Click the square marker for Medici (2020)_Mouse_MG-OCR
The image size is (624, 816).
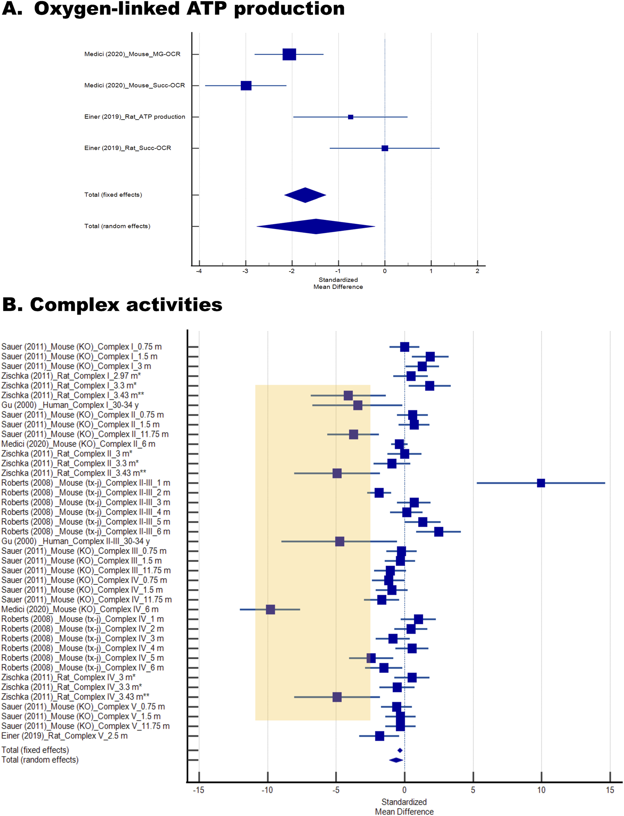tap(289, 54)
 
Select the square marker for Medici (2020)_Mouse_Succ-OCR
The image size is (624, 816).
tap(246, 86)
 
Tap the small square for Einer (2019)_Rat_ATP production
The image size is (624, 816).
tap(350, 117)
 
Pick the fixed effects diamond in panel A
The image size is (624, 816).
tap(305, 195)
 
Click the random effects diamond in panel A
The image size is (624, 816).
tap(316, 226)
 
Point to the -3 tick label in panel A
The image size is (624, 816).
tap(245, 271)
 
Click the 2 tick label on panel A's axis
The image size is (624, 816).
tap(477, 271)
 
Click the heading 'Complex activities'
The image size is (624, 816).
tap(126, 304)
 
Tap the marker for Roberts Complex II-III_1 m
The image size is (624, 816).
tap(541, 483)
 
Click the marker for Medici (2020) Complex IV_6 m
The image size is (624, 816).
tap(270, 610)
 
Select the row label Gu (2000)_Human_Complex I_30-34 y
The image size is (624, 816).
tap(70, 405)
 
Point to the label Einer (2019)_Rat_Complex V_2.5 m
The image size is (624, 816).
tap(64, 736)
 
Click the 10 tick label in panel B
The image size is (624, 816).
tap(541, 790)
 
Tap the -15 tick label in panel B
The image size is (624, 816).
tap(198, 790)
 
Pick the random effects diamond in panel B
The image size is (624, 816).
tap(396, 760)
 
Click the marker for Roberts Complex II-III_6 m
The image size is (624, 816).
tap(438, 532)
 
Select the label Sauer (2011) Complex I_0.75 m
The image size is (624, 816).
tap(81, 347)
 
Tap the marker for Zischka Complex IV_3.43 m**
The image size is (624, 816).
tap(337, 697)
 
